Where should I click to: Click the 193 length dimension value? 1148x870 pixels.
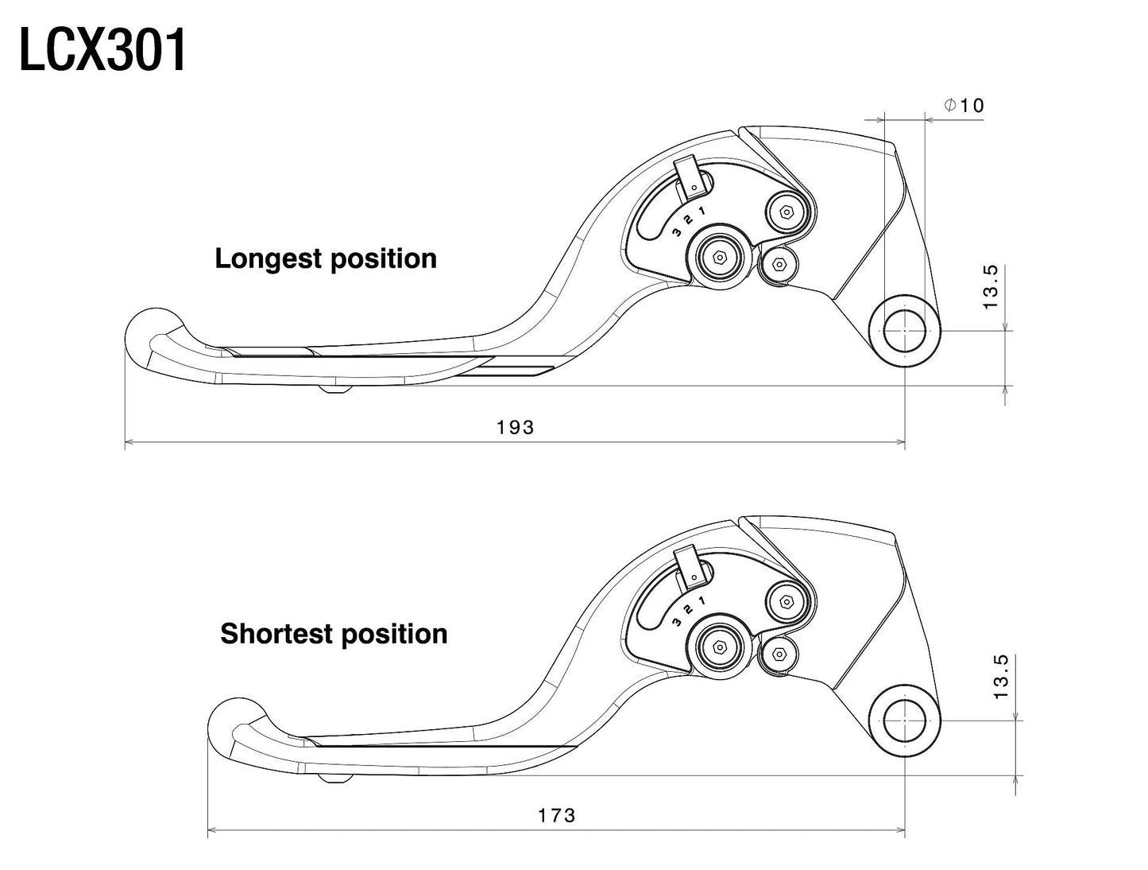point(516,427)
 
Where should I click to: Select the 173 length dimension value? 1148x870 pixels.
point(556,815)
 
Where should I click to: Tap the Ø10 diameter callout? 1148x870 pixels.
point(964,105)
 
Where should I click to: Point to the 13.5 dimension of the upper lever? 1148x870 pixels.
point(991,287)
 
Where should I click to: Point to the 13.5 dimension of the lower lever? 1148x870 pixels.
point(1000,676)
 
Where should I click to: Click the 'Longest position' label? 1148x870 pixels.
point(326,258)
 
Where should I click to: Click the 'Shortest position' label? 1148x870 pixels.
point(334,634)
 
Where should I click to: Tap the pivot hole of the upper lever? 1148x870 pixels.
point(905,331)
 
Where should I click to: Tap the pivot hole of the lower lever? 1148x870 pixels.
point(905,720)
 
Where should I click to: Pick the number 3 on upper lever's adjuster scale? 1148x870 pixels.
point(676,232)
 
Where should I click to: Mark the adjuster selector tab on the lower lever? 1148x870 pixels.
point(689,565)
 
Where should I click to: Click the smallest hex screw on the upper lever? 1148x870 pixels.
point(778,265)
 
